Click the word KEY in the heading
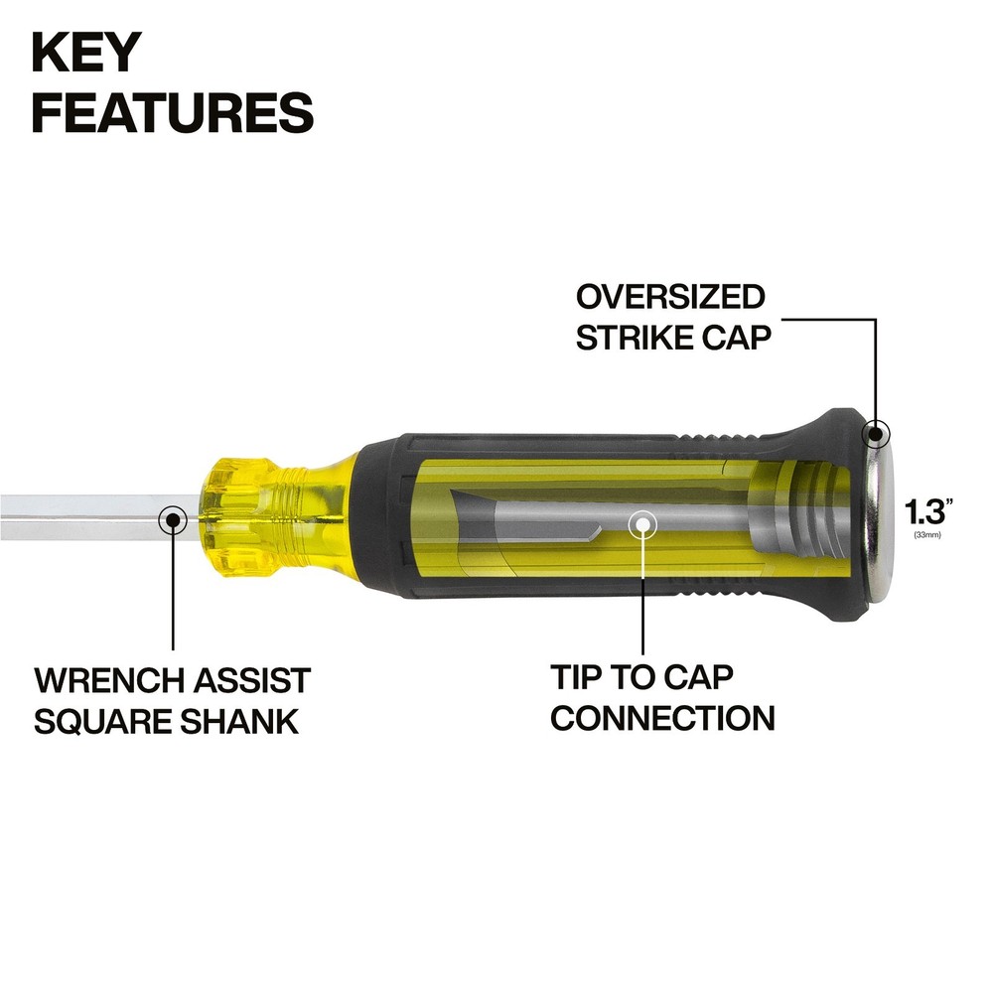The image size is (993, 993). [x=86, y=53]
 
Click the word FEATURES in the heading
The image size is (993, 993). [x=173, y=112]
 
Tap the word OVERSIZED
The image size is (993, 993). [x=670, y=297]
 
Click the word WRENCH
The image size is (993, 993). [x=109, y=681]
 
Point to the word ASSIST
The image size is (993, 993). [x=251, y=681]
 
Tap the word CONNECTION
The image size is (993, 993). [x=662, y=718]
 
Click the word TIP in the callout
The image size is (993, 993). [x=574, y=677]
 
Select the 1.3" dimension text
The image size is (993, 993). [x=927, y=511]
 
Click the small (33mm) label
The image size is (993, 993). [x=927, y=535]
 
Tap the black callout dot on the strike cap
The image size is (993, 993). [x=876, y=435]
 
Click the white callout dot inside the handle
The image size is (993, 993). [x=642, y=524]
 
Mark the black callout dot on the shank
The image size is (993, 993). [x=173, y=520]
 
